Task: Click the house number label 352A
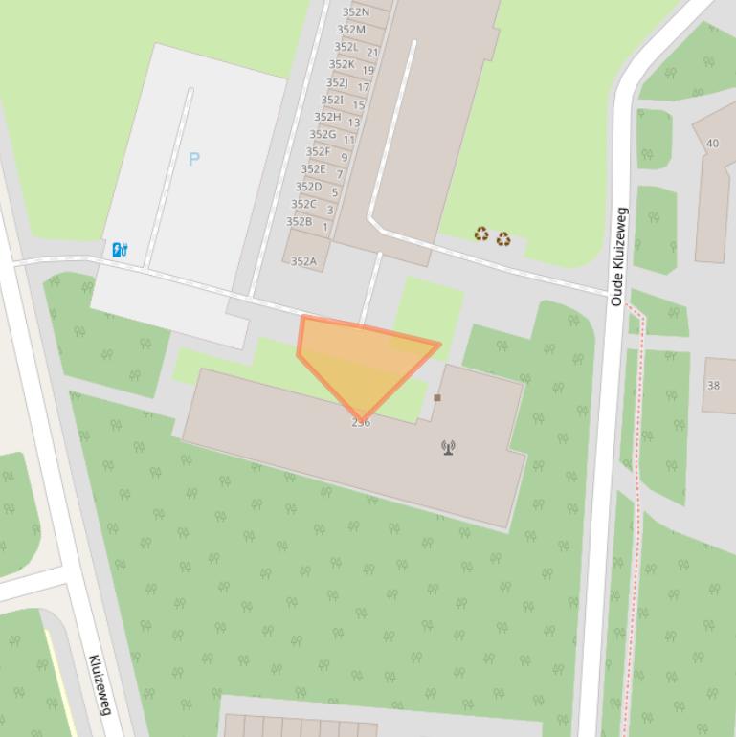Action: click(x=303, y=261)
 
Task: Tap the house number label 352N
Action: click(x=355, y=12)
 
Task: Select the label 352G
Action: click(x=323, y=135)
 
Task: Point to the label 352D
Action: click(x=308, y=187)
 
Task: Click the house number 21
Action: click(x=372, y=53)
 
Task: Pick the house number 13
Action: click(x=353, y=123)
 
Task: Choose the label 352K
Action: click(x=342, y=65)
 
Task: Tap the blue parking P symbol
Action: click(x=194, y=159)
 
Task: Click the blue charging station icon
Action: click(x=120, y=250)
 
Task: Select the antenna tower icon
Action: click(x=448, y=447)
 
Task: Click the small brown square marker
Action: click(x=437, y=397)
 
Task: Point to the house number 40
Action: click(x=712, y=144)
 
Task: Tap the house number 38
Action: click(x=713, y=386)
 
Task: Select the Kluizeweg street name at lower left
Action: click(x=100, y=684)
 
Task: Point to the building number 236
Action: click(x=361, y=422)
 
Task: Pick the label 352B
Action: click(x=299, y=222)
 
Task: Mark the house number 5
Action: click(x=334, y=192)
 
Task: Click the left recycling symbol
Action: click(x=481, y=234)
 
